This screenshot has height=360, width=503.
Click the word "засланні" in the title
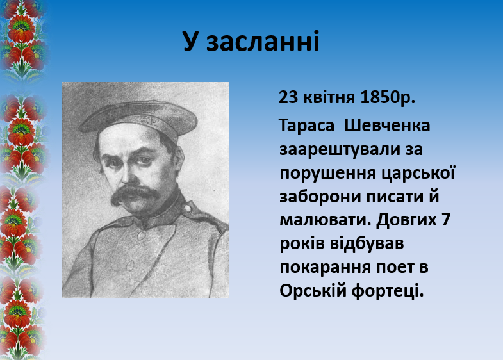pyautogui.click(x=263, y=42)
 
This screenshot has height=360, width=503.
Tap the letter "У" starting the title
pyautogui.click(x=190, y=42)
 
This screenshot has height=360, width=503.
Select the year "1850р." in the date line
pyautogui.click(x=388, y=97)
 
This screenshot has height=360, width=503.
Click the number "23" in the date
pyautogui.click(x=288, y=97)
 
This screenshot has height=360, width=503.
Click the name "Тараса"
pyautogui.click(x=306, y=126)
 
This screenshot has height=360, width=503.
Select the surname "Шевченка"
pyautogui.click(x=387, y=126)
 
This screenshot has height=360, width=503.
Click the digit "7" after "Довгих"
pyautogui.click(x=446, y=220)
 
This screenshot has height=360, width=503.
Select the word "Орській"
pyautogui.click(x=312, y=291)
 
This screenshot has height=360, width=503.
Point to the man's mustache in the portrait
pyautogui.click(x=135, y=195)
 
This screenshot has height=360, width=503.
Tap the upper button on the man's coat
pyautogui.click(x=141, y=236)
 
